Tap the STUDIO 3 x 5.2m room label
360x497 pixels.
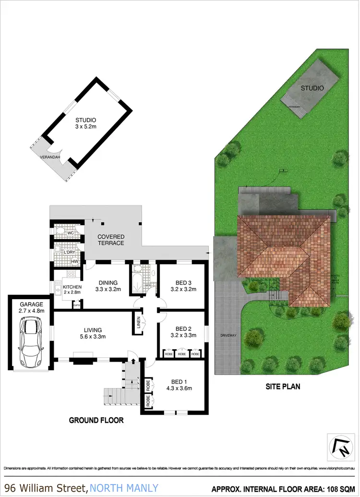point(86,123)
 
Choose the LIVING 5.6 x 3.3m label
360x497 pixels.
point(93,333)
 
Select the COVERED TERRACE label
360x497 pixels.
point(111,240)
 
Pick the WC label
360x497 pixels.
point(70,233)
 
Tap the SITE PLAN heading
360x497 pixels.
point(283,386)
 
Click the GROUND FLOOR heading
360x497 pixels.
point(96,420)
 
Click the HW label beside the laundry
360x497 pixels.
point(75,261)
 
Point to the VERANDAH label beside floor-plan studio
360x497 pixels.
point(50,157)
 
